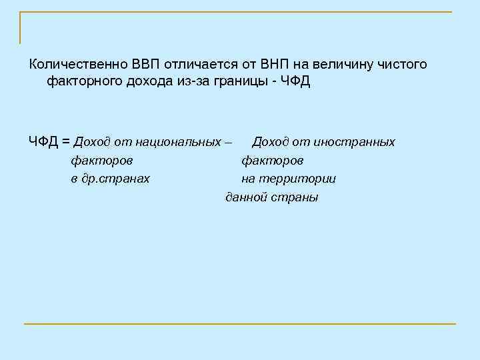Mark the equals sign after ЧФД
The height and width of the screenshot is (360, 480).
click(x=66, y=141)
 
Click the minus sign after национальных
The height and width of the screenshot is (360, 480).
click(x=229, y=142)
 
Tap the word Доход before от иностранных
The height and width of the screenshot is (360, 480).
click(x=271, y=142)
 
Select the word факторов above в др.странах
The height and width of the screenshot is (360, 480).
click(x=101, y=161)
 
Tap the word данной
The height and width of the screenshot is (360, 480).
click(x=246, y=197)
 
